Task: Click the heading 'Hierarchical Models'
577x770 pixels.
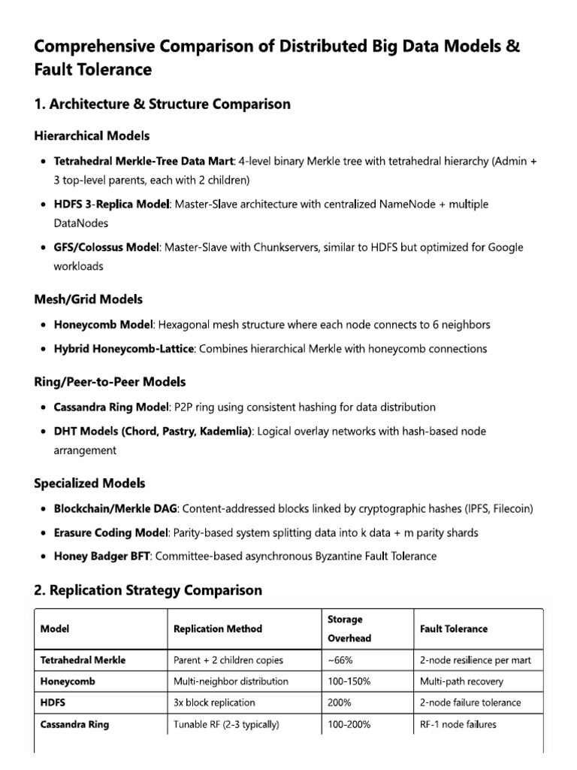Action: (92, 136)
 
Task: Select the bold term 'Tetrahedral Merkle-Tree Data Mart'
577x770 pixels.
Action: (143, 162)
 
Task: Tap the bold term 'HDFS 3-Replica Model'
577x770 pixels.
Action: (112, 205)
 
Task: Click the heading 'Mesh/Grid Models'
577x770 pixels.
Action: (88, 299)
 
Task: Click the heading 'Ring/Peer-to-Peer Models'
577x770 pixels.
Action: (110, 382)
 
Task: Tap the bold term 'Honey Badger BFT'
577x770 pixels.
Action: (101, 556)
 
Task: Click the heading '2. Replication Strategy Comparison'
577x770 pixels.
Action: (148, 590)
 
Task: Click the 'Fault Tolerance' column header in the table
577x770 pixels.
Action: (453, 629)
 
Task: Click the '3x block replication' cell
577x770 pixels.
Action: (214, 703)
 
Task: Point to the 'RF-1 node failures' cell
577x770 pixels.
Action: (458, 724)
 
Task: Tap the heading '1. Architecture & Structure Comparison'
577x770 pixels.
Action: (162, 105)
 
